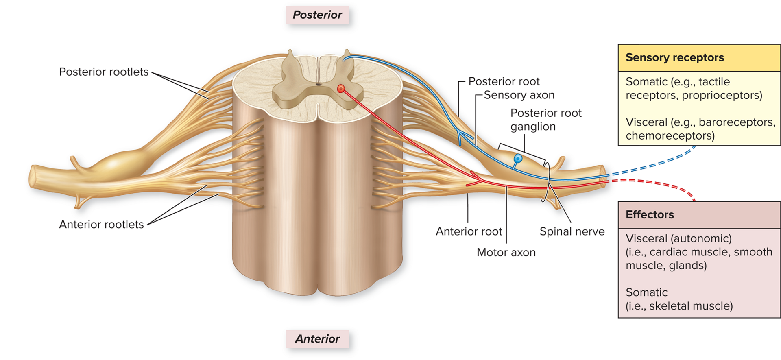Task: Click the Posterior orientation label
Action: pos(317,15)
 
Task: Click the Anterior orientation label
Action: pos(317,339)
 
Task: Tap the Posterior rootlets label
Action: pos(104,72)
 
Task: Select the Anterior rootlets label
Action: pos(101,225)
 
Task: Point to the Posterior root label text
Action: pos(504,81)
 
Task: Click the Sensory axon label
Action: pos(519,95)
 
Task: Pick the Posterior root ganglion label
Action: pos(546,120)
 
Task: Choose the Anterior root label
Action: pos(469,231)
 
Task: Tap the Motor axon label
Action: pos(506,253)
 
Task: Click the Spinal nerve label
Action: pos(572,231)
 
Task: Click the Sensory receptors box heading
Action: pos(675,58)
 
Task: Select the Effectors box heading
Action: pos(650,215)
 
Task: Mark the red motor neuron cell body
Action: pos(341,88)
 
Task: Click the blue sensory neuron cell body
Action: pos(518,158)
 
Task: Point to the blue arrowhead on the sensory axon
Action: pos(460,136)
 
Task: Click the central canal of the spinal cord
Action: pos(318,85)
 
